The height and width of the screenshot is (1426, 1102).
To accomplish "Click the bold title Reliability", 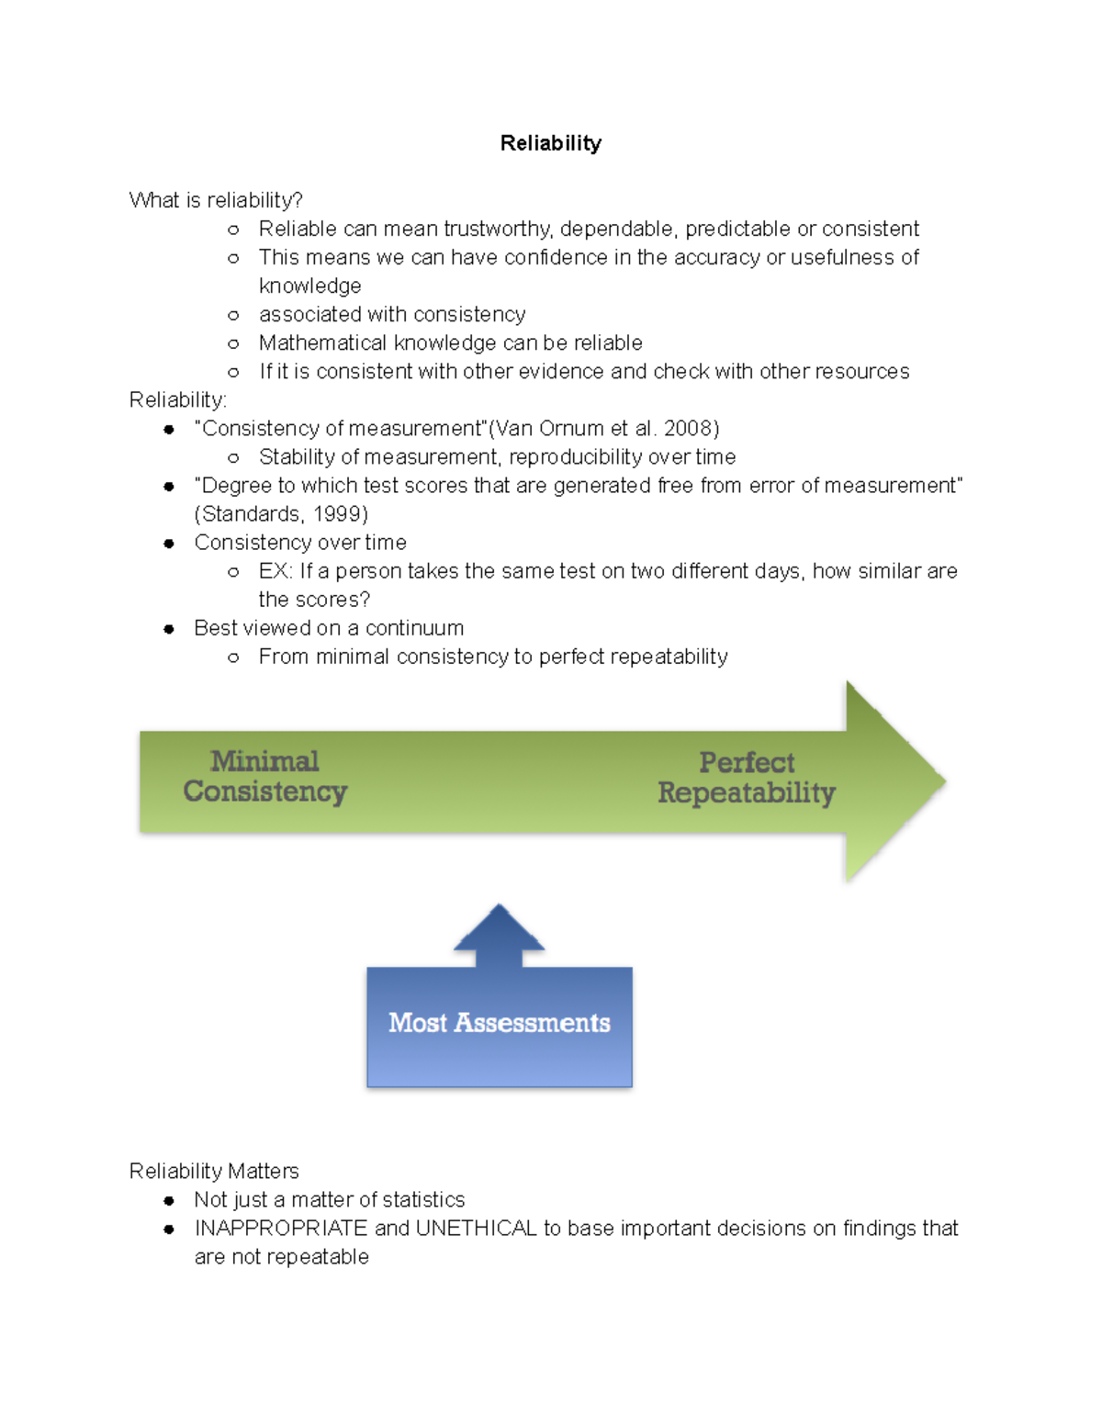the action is tap(550, 144).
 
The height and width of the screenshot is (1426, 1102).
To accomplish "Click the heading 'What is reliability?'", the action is tap(216, 199).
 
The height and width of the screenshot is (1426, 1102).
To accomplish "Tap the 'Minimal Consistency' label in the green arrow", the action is tap(265, 776).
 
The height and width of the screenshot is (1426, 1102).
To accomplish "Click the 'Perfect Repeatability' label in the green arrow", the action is tap(747, 778).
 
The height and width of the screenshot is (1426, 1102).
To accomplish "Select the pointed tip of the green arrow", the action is tap(946, 780).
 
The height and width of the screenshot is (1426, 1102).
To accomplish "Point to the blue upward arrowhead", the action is tap(499, 927).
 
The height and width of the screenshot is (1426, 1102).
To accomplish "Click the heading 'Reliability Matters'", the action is tap(214, 1171).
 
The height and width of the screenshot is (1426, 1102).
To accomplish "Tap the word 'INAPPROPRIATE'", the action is tap(281, 1228).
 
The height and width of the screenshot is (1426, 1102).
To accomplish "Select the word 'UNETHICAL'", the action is tap(477, 1228).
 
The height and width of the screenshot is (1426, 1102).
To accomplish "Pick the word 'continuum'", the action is tap(415, 628).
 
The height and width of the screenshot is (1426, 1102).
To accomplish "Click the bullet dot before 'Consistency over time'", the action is tap(169, 544).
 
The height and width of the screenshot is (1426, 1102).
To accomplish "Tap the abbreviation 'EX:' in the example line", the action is tap(275, 571).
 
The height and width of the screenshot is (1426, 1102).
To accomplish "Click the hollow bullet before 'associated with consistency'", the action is tap(233, 316).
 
